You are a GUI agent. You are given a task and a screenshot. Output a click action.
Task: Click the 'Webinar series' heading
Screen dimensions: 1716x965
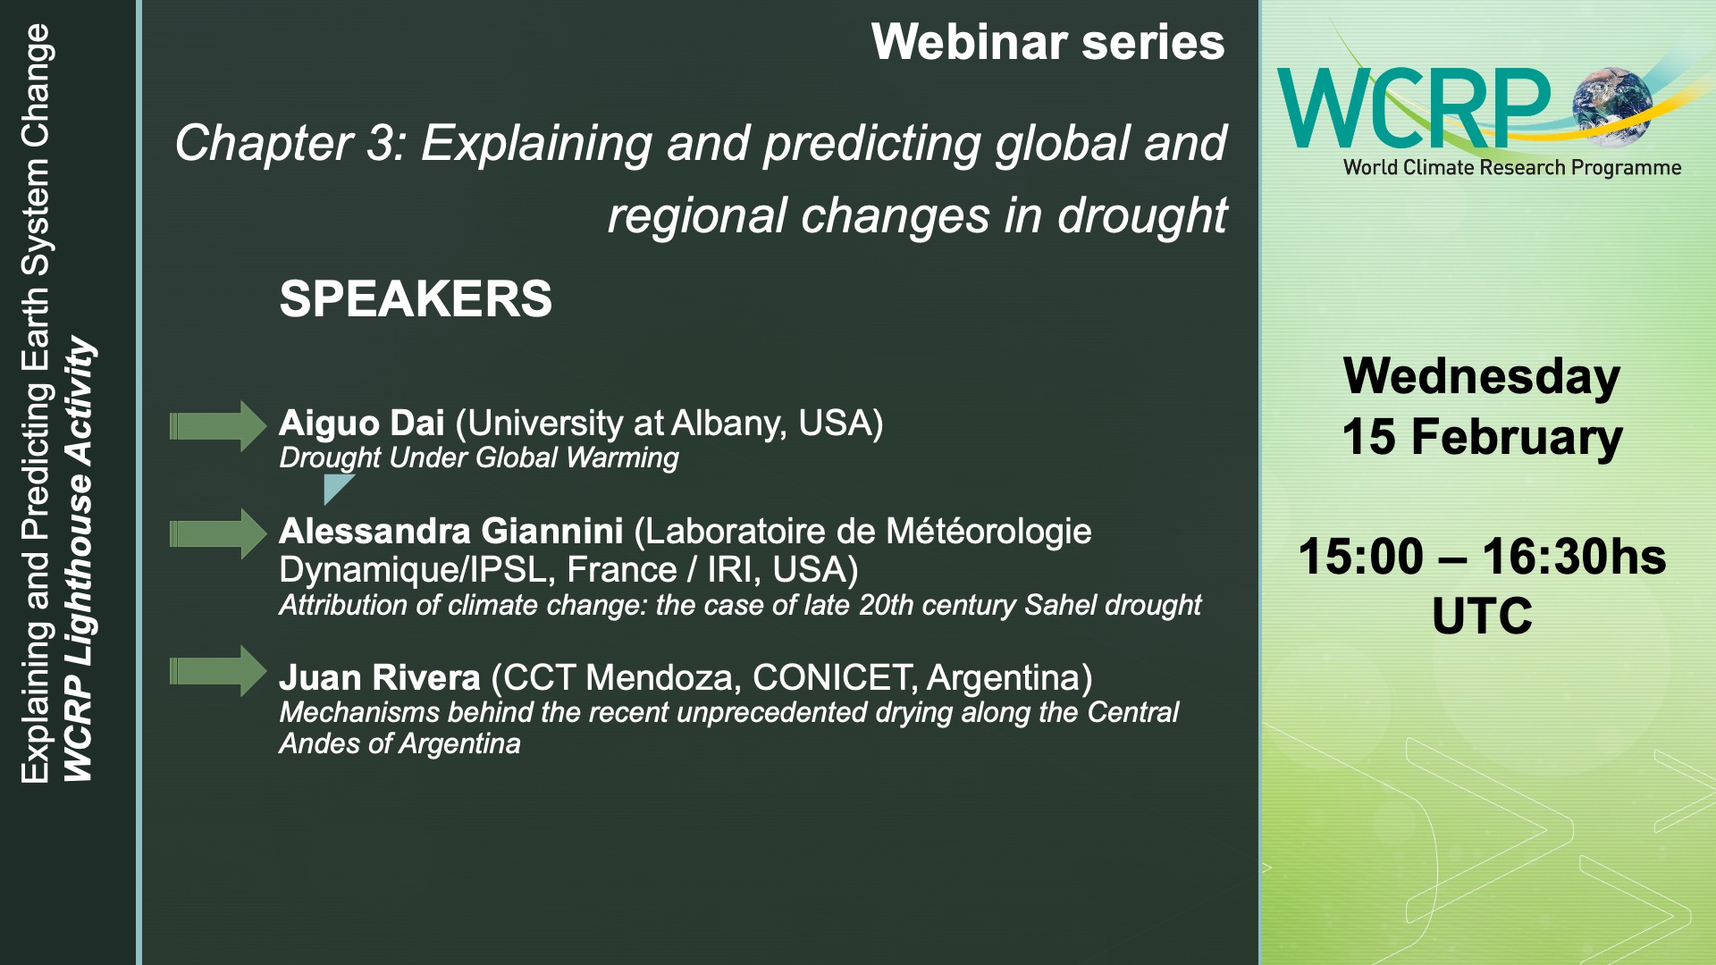point(1047,42)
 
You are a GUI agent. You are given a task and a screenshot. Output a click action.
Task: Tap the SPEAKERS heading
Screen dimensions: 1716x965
point(416,298)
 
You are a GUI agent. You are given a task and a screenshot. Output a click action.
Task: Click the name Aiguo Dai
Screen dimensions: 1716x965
point(361,424)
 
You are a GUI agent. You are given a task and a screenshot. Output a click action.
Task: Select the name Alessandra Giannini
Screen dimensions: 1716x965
point(450,532)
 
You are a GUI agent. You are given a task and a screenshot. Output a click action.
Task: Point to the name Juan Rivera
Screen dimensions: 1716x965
point(379,678)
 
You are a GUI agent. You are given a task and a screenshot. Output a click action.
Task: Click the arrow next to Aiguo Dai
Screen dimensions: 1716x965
point(218,426)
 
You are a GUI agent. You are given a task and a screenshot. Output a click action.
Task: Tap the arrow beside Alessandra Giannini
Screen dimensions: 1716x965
point(218,534)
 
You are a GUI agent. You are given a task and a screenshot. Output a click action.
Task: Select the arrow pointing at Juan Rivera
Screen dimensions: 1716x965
point(218,671)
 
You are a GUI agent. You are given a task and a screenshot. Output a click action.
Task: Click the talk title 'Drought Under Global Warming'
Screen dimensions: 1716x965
point(478,458)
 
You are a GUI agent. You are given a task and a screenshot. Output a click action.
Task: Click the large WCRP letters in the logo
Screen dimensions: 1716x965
point(1415,108)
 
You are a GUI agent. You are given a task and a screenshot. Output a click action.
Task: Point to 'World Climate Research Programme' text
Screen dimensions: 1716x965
point(1512,168)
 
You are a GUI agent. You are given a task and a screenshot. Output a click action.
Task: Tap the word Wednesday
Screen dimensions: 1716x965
point(1482,376)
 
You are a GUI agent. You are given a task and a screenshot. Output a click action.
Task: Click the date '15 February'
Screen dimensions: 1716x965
point(1482,437)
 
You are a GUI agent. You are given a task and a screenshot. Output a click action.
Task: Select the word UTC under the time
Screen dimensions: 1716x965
point(1482,617)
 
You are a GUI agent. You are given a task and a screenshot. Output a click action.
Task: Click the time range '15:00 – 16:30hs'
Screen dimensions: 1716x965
point(1482,557)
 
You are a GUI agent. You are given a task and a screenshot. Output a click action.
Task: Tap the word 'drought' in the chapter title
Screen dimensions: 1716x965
point(1142,216)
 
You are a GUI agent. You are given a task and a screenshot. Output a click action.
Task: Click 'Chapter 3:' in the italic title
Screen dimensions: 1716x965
point(290,143)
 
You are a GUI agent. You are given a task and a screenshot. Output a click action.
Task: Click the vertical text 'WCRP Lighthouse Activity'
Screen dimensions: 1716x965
point(79,559)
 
